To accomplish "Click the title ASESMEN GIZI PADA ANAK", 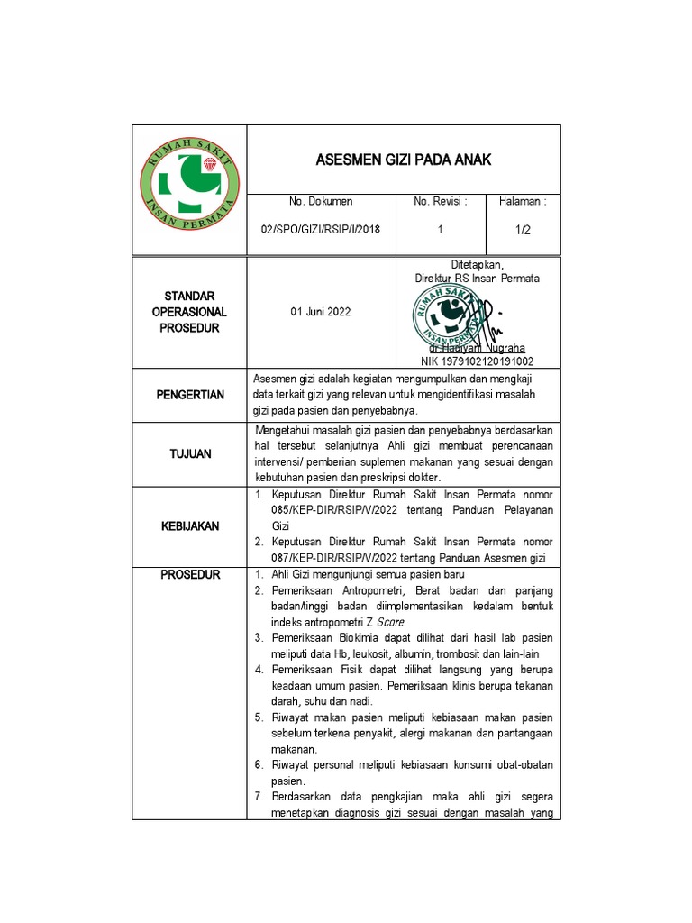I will click(403, 160).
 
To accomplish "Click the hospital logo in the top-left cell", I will click(189, 189).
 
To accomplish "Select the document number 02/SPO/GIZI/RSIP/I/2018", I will click(321, 230).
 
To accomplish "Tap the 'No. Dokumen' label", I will click(321, 201).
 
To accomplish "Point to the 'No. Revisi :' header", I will click(441, 201).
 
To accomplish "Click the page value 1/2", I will click(524, 230).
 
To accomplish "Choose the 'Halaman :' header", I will click(524, 201).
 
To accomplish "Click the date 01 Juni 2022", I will click(321, 312).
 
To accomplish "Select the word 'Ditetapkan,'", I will click(478, 264).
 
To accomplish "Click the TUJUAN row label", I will click(190, 453).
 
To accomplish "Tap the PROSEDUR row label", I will click(190, 574).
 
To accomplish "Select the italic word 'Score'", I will click(391, 622).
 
